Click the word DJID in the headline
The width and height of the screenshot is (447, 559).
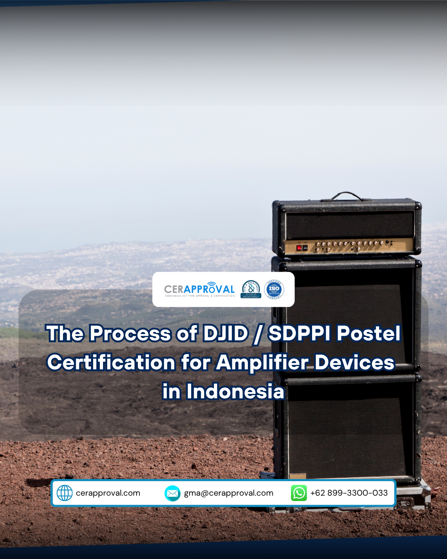click(x=226, y=334)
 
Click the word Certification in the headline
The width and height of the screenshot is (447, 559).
click(x=111, y=363)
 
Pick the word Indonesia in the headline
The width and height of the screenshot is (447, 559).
click(x=235, y=392)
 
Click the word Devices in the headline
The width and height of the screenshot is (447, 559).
click(x=354, y=363)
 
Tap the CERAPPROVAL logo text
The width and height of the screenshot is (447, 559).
click(x=199, y=289)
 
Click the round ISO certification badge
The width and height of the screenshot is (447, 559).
click(x=274, y=289)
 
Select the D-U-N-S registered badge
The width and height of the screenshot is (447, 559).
click(x=251, y=289)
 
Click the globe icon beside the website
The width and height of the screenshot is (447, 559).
click(x=65, y=493)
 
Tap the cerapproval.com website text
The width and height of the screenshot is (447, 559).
click(x=108, y=493)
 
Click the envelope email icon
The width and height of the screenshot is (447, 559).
click(x=173, y=493)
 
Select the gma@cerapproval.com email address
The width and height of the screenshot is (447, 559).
click(x=228, y=493)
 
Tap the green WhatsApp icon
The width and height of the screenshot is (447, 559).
click(x=299, y=493)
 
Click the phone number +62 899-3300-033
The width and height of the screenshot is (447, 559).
click(x=349, y=493)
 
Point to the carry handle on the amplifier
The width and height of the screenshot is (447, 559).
click(x=347, y=195)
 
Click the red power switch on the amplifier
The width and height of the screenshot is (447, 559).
click(x=299, y=248)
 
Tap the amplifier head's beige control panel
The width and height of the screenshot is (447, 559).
click(x=352, y=246)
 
